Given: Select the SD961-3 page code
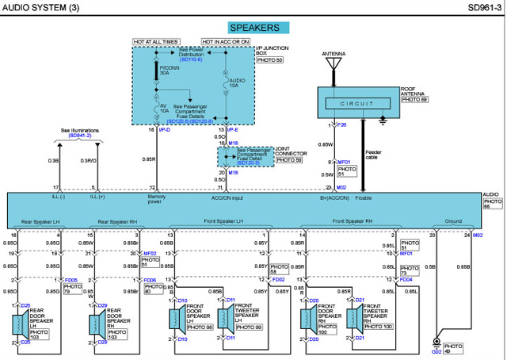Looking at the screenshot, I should click(x=483, y=7).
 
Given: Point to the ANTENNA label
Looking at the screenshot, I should click(x=334, y=54).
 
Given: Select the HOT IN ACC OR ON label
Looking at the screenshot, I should click(x=226, y=40).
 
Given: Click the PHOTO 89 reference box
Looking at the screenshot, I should click(x=414, y=100).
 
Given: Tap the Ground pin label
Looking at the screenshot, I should click(x=453, y=221).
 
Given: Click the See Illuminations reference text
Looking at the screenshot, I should click(x=76, y=130).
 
